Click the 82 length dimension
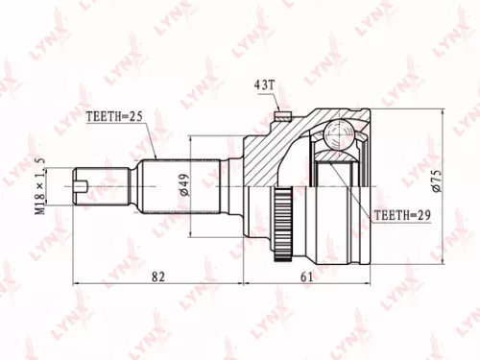(158, 277)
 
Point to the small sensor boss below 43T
(282, 118)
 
